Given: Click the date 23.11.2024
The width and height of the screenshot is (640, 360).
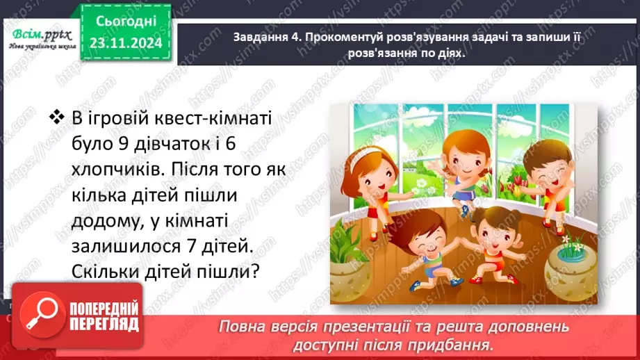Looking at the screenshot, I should tap(126, 44).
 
